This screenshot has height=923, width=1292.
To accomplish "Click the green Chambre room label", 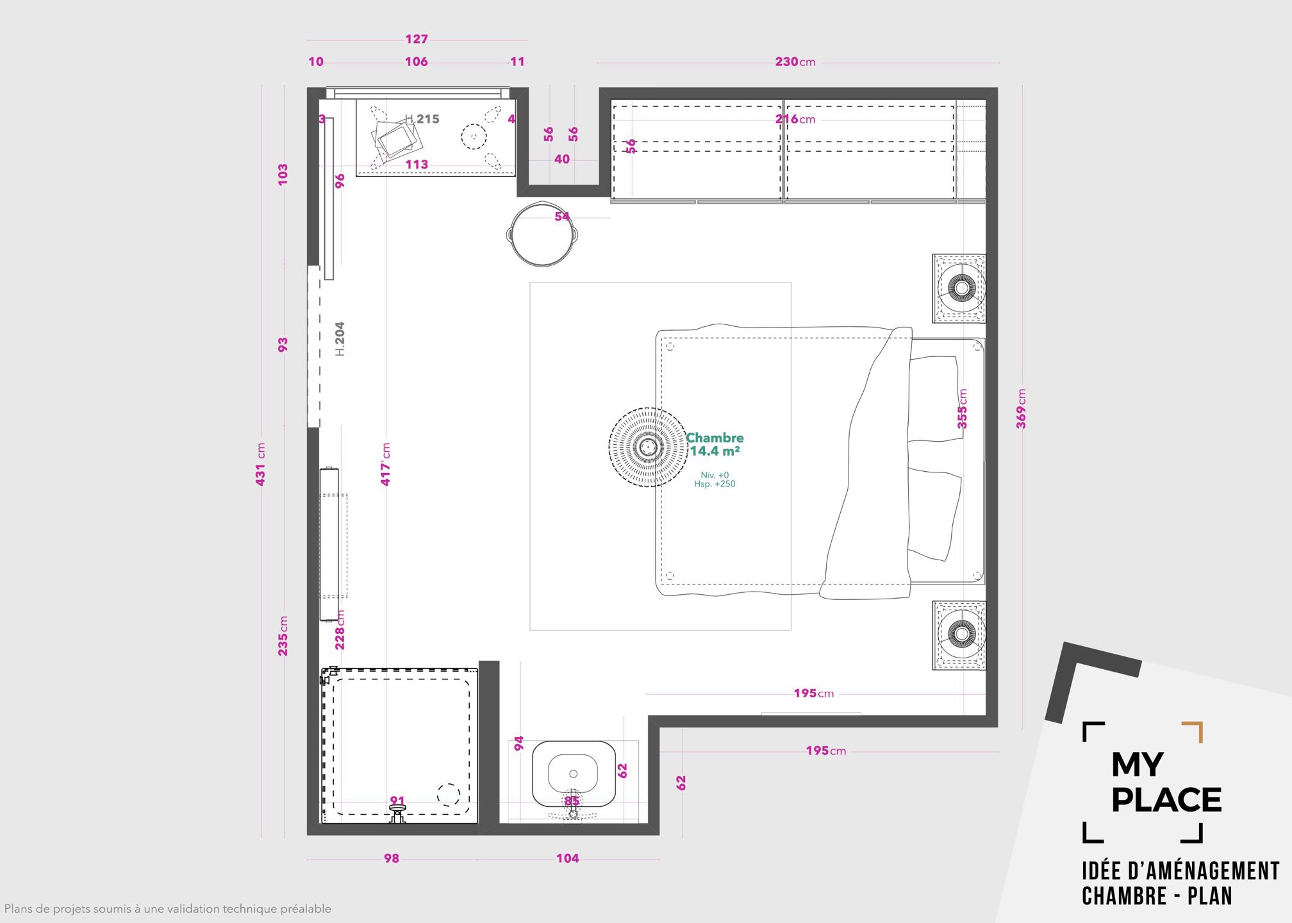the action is point(715,438).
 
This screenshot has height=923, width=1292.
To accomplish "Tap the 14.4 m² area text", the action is point(715,451).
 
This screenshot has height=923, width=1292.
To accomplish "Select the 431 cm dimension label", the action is point(260,464).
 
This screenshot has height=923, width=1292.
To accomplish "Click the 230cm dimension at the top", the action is point(795,62).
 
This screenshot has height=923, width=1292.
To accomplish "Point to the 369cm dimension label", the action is point(1021,409).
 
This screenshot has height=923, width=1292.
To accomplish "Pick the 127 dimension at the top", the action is point(417,39).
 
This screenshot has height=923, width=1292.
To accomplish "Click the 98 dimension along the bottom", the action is point(392,858).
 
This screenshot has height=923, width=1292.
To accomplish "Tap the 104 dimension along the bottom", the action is point(568,858).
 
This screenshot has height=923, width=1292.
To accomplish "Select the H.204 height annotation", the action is point(340,338).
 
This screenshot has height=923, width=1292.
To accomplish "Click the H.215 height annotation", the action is point(422,119).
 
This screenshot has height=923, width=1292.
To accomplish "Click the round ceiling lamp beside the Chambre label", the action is point(647,447).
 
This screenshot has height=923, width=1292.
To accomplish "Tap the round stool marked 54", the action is point(543,233).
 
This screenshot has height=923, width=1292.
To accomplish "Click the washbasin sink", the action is point(574,774).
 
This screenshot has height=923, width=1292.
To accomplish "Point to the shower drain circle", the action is point(449,795).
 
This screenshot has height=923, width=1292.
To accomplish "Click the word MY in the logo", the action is point(1137,764).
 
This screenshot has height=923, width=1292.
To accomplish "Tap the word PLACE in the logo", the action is point(1166,800).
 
